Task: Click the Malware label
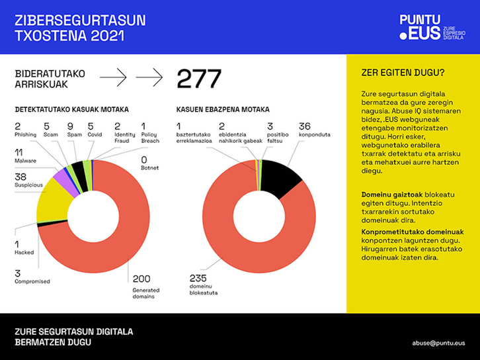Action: coord(25,160)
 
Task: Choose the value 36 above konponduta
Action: coord(305,126)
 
